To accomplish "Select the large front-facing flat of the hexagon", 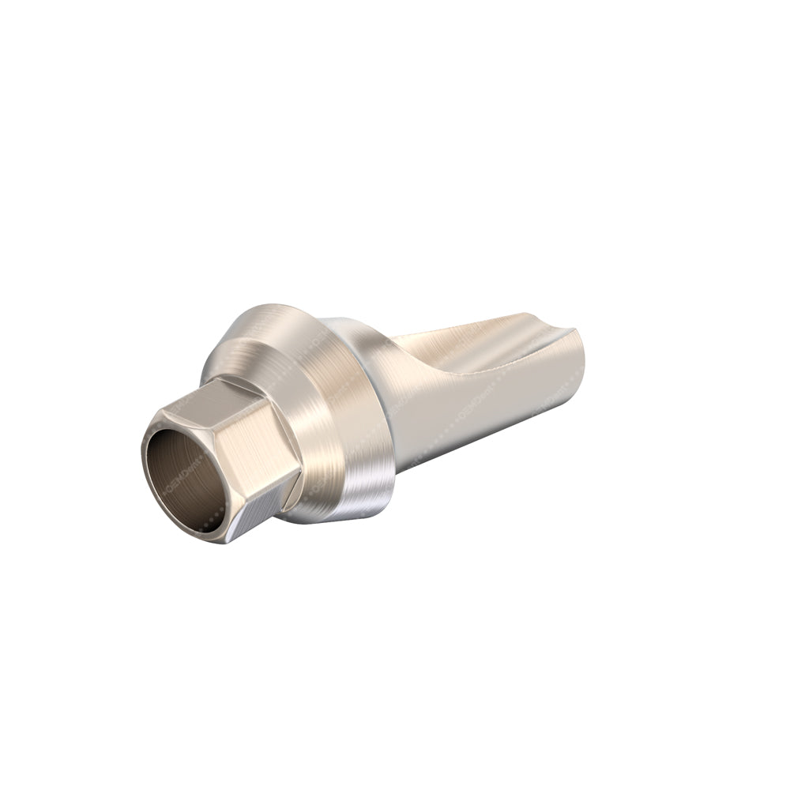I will (261, 442).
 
